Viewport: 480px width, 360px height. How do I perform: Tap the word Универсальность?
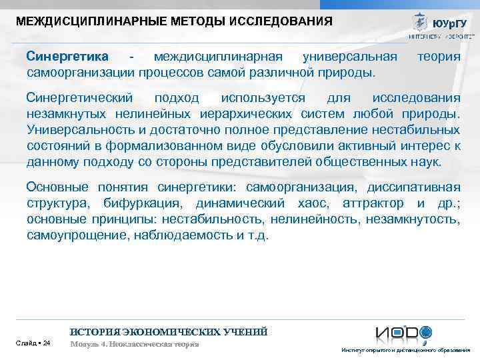[80, 130]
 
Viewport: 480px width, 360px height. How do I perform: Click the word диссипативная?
[413, 187]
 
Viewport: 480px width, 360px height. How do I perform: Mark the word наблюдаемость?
[184, 235]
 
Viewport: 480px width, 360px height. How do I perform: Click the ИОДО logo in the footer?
[404, 333]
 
